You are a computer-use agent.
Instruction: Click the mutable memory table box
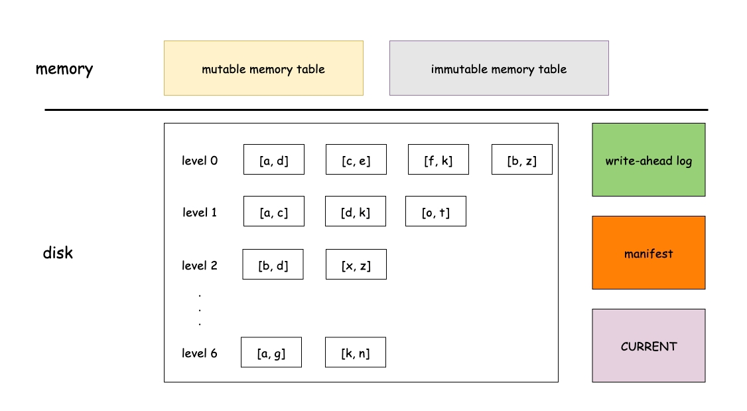click(x=263, y=68)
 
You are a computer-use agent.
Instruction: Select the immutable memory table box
click(x=499, y=68)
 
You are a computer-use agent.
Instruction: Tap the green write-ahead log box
click(x=648, y=160)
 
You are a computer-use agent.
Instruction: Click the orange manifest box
click(x=648, y=253)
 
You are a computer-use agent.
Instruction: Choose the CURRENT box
click(x=648, y=346)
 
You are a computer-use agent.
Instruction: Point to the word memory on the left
click(x=64, y=69)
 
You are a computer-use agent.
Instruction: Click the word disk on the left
click(x=58, y=252)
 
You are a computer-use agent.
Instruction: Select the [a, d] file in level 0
click(x=274, y=159)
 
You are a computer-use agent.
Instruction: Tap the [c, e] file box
click(x=356, y=159)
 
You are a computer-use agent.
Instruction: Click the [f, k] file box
click(x=439, y=159)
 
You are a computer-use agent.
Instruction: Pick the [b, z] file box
click(x=521, y=159)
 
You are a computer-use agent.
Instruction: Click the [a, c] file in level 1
click(x=274, y=211)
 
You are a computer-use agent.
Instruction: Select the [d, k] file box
click(x=356, y=211)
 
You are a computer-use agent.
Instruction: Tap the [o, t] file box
click(x=436, y=211)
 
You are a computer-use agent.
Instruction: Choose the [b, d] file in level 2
click(x=273, y=264)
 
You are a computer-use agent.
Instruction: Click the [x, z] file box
click(x=356, y=264)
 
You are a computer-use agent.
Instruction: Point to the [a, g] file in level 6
click(x=271, y=353)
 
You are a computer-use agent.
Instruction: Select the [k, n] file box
click(x=356, y=353)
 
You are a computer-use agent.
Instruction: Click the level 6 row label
click(x=200, y=353)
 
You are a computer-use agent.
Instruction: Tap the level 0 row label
click(x=200, y=161)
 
